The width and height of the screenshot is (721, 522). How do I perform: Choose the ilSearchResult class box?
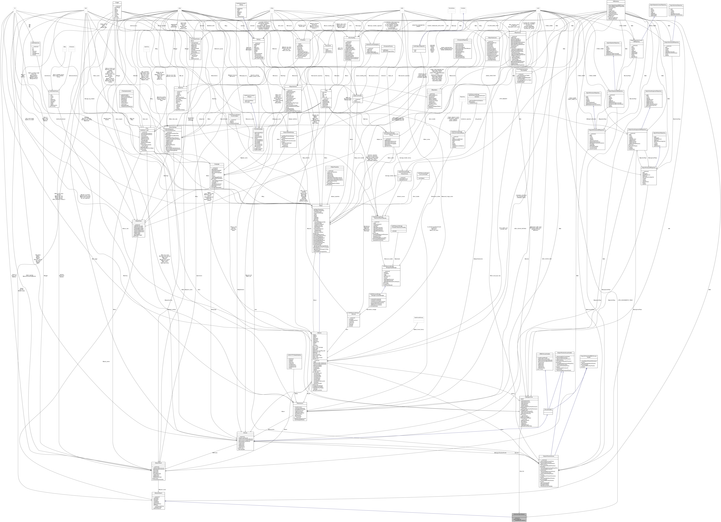(158, 471)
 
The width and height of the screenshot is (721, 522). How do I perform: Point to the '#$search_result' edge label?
(162, 490)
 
